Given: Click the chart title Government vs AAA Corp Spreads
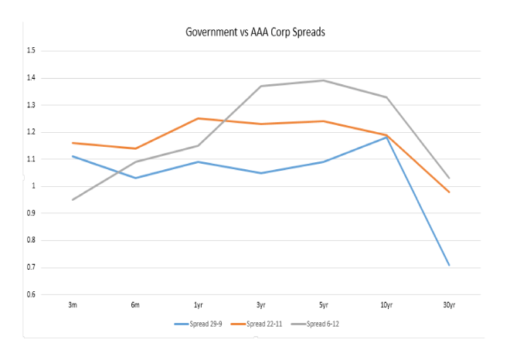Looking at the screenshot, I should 254,32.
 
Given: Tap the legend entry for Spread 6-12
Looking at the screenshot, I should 322,324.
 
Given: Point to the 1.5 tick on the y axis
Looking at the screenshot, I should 32,51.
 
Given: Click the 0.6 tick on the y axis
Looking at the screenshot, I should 32,294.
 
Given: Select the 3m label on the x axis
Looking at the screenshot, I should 73,305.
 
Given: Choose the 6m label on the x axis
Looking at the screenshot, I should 135,305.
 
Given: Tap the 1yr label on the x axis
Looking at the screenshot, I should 198,305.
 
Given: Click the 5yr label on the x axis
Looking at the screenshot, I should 323,305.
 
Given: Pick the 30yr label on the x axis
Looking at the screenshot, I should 449,305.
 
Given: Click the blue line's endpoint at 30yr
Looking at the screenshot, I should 449,265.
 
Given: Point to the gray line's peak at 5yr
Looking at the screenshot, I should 323,80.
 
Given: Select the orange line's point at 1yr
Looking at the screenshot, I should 198,118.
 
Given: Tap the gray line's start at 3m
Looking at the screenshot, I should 73,199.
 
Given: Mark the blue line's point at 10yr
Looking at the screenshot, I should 386,138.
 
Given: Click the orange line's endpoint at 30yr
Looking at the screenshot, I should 449,192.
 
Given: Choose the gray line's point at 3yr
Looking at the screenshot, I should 260,86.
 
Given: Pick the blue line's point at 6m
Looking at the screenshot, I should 135,178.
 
